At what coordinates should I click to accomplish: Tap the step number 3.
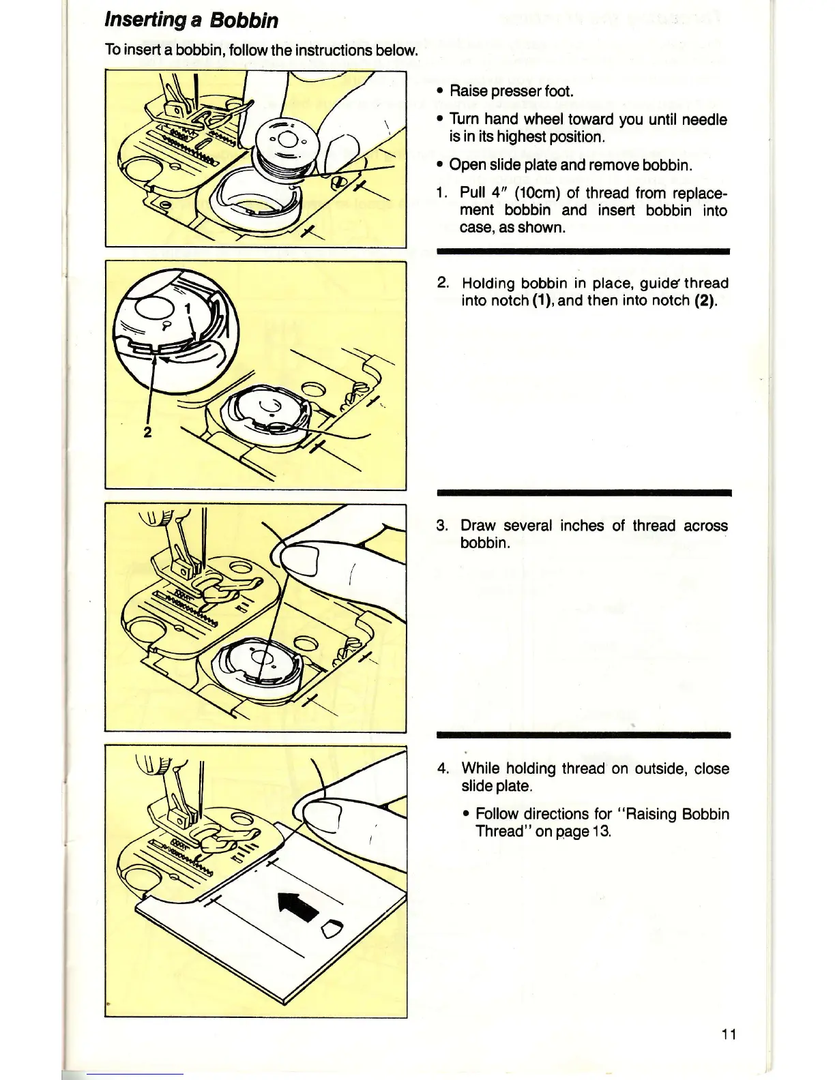[x=442, y=526]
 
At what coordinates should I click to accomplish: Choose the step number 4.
[x=442, y=769]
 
